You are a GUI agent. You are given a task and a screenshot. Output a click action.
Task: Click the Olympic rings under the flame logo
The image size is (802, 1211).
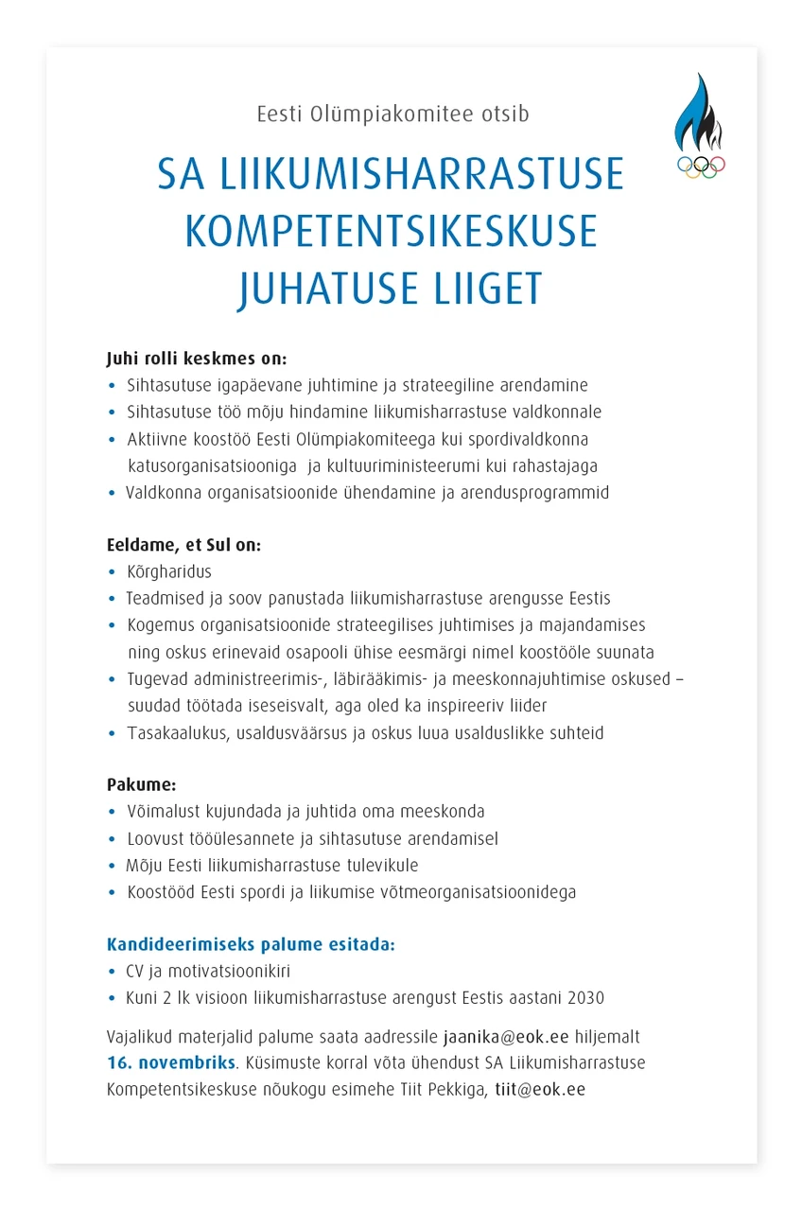tap(701, 167)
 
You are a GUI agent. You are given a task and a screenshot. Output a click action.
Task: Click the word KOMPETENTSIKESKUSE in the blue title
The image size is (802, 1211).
tap(391, 232)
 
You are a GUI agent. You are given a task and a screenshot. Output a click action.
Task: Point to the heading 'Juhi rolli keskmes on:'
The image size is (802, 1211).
tap(196, 360)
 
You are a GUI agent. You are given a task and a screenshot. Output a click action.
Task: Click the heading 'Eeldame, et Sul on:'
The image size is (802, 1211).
tap(183, 546)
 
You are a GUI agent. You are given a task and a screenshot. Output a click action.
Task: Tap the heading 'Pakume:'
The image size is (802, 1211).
tap(142, 785)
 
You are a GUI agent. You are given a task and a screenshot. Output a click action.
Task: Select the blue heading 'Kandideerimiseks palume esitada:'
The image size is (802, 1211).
tap(251, 945)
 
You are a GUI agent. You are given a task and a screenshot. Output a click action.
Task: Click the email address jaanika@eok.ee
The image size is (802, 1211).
tap(506, 1038)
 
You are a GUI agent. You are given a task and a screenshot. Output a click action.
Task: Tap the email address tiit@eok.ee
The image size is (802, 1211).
tap(540, 1090)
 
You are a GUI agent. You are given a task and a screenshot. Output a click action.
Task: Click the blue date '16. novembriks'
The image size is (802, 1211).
tap(170, 1063)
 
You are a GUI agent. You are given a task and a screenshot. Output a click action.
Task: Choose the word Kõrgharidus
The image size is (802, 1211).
tap(169, 572)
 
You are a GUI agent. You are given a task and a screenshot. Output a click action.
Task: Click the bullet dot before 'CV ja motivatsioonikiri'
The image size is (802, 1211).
tap(113, 973)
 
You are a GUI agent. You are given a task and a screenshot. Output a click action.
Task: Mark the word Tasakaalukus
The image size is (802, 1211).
tap(176, 733)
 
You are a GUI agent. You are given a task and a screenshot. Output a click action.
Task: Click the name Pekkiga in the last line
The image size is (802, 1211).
tap(459, 1090)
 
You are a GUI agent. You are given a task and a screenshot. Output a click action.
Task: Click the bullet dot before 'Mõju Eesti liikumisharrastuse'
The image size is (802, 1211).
tap(113, 867)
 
